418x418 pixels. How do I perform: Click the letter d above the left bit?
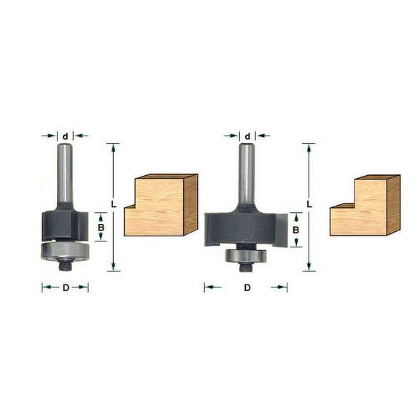coord(65,135)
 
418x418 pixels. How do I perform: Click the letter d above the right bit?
coord(247,136)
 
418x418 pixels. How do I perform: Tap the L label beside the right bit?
coord(309,204)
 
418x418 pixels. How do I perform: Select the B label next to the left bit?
coord(101,227)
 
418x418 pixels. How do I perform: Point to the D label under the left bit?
coord(65,287)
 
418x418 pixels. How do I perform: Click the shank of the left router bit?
coord(65,175)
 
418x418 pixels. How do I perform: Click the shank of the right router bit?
coord(247,175)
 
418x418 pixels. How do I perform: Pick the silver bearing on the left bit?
coord(66,250)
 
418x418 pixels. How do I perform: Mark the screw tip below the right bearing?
coord(241,268)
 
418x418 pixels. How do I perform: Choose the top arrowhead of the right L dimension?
coord(309,147)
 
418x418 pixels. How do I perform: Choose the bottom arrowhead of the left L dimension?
coord(113,267)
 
